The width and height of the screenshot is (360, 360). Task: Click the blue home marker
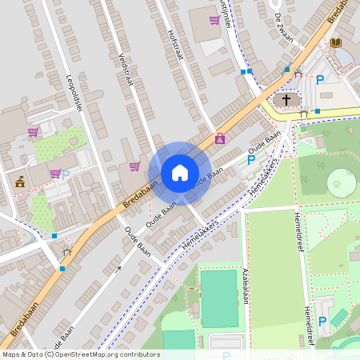[180, 173]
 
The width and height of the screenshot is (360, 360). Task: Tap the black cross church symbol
[286, 100]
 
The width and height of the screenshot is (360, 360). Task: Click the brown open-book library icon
[336, 42]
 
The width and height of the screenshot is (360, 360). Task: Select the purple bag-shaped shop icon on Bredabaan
[220, 138]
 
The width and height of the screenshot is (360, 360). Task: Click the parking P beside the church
[320, 79]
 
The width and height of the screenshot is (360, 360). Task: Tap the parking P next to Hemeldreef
[322, 321]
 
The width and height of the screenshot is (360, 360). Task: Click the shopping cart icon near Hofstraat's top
[214, 20]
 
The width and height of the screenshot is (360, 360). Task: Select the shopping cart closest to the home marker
[134, 166]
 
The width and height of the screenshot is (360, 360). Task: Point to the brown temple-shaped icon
[20, 182]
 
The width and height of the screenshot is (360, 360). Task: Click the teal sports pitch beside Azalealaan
[218, 298]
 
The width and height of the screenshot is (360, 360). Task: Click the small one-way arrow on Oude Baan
[118, 270]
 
